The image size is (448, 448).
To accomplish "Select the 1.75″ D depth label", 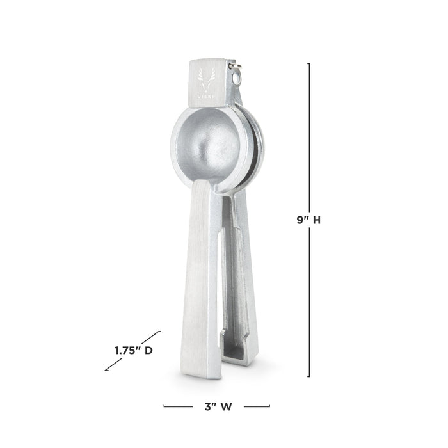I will click(x=133, y=350).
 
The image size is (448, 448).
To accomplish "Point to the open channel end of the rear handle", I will click(x=238, y=349).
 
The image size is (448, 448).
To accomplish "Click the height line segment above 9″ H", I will click(x=309, y=134).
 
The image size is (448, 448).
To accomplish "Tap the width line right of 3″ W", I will click(x=257, y=406).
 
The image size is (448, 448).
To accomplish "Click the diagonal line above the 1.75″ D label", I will click(x=150, y=338).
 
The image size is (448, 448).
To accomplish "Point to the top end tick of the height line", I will click(x=309, y=63).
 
